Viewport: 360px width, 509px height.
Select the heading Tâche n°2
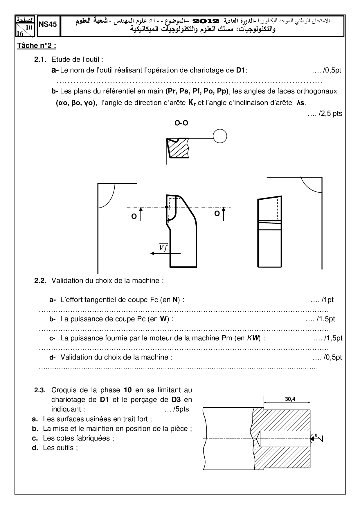(x=37, y=46)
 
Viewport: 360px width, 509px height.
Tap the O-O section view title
(x=181, y=123)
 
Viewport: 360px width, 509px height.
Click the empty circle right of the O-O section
(x=220, y=136)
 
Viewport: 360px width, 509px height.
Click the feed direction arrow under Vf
(x=165, y=253)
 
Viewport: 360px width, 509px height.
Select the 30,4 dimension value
(x=290, y=399)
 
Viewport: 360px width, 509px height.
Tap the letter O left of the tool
(x=134, y=216)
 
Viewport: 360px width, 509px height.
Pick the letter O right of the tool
(x=217, y=213)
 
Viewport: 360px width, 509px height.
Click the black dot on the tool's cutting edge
(x=166, y=207)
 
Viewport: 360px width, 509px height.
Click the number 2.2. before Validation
(x=40, y=281)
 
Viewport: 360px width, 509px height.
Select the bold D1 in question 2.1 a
(x=240, y=70)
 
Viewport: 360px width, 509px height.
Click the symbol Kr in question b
(x=192, y=103)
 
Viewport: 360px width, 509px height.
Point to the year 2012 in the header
(x=206, y=21)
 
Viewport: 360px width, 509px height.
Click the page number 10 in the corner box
(x=29, y=28)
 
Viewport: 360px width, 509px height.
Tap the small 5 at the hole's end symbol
(x=315, y=435)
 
